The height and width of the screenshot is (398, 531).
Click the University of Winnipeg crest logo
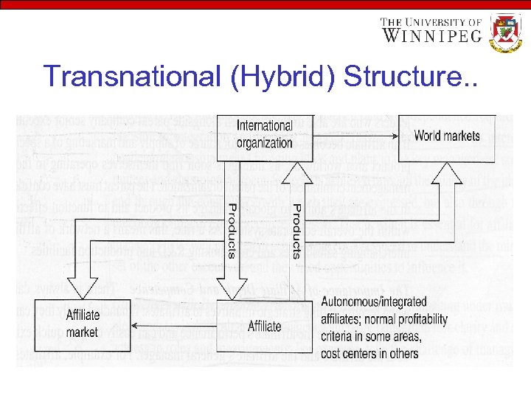click(x=506, y=32)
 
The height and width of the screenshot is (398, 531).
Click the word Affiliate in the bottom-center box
click(x=263, y=325)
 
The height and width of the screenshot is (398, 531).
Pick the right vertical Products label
click(x=296, y=231)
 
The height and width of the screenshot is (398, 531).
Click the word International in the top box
click(x=264, y=126)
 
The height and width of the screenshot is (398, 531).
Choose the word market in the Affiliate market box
click(x=82, y=332)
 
